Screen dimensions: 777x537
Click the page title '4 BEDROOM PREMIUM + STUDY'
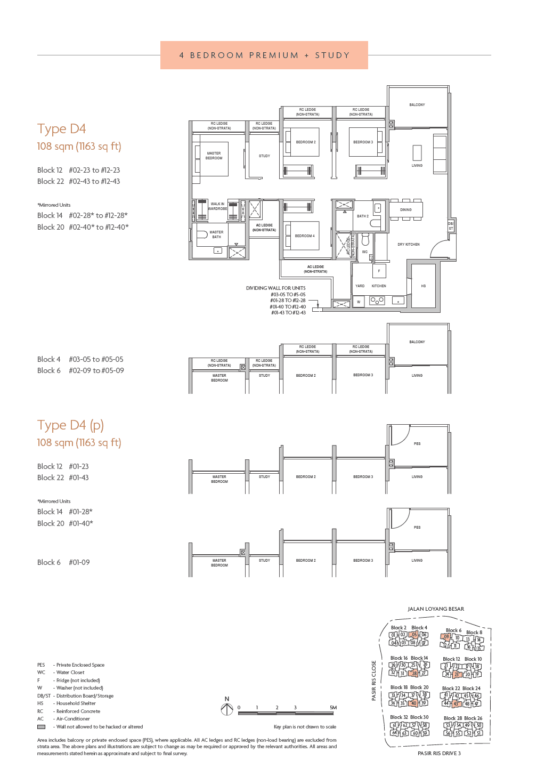pyautogui.click(x=264, y=55)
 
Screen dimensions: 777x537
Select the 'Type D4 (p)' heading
pyautogui.click(x=70, y=425)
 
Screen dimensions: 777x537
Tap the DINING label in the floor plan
pyautogui.click(x=406, y=210)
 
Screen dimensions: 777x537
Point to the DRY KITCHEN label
pyautogui.click(x=409, y=245)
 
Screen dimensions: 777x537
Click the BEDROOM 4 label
pyautogui.click(x=305, y=236)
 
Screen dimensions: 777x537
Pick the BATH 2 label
pyautogui.click(x=363, y=216)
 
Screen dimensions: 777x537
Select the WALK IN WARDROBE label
pyautogui.click(x=217, y=206)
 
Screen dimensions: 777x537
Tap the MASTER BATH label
pyautogui.click(x=216, y=234)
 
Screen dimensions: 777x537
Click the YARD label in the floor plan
pyautogui.click(x=360, y=286)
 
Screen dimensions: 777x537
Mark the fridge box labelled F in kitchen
pyautogui.click(x=379, y=271)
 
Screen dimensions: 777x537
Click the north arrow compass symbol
pyautogui.click(x=227, y=709)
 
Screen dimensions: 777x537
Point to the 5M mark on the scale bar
pyautogui.click(x=333, y=708)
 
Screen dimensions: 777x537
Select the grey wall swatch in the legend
pyautogui.click(x=41, y=727)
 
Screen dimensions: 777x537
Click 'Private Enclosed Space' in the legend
pyautogui.click(x=80, y=665)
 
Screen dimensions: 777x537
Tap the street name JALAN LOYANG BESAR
pyautogui.click(x=436, y=609)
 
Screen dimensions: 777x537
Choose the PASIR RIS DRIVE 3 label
pyautogui.click(x=439, y=754)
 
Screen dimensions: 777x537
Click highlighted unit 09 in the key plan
pyautogui.click(x=446, y=637)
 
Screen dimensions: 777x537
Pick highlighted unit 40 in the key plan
pyautogui.click(x=413, y=703)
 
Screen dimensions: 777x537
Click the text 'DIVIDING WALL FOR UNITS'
pyautogui.click(x=275, y=288)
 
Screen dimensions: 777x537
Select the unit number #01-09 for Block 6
pyautogui.click(x=79, y=563)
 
